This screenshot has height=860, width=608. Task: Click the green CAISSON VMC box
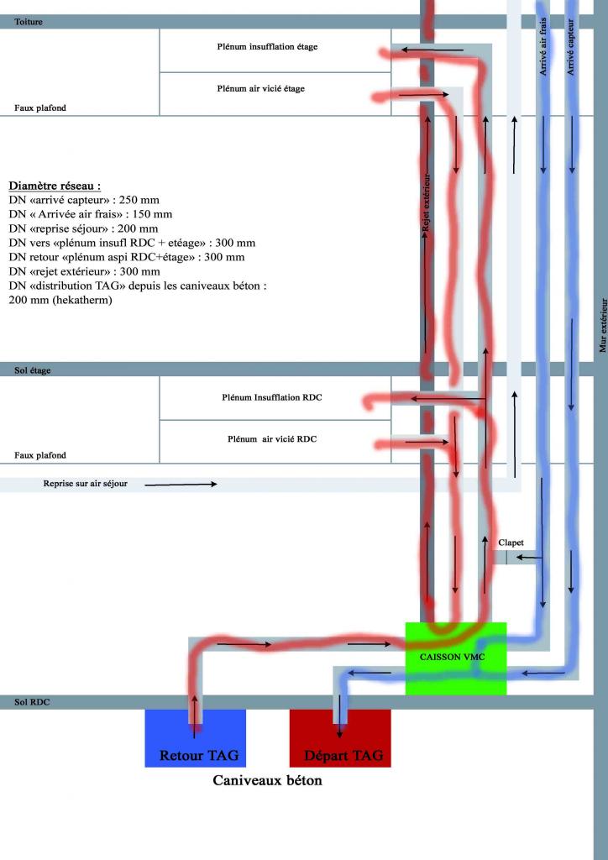(455, 658)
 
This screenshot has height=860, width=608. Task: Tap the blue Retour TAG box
(195, 738)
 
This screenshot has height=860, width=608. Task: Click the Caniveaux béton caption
(267, 780)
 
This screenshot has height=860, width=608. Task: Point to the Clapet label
(511, 543)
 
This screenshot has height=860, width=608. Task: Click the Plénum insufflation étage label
(267, 47)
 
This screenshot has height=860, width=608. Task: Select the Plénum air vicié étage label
(260, 89)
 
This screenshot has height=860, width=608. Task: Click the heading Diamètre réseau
(55, 186)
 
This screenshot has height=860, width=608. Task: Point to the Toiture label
(29, 22)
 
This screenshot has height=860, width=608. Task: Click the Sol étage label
(33, 370)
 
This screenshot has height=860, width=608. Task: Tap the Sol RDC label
(32, 701)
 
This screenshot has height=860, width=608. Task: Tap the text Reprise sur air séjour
(86, 485)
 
